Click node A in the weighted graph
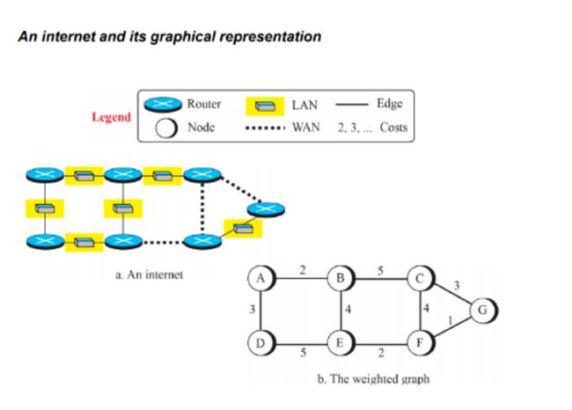(260, 277)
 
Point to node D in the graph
(260, 340)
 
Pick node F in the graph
(420, 340)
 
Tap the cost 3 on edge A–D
(253, 309)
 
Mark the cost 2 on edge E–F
(380, 352)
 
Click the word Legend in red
(111, 117)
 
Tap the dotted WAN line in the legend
(263, 128)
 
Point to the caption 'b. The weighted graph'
(373, 379)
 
